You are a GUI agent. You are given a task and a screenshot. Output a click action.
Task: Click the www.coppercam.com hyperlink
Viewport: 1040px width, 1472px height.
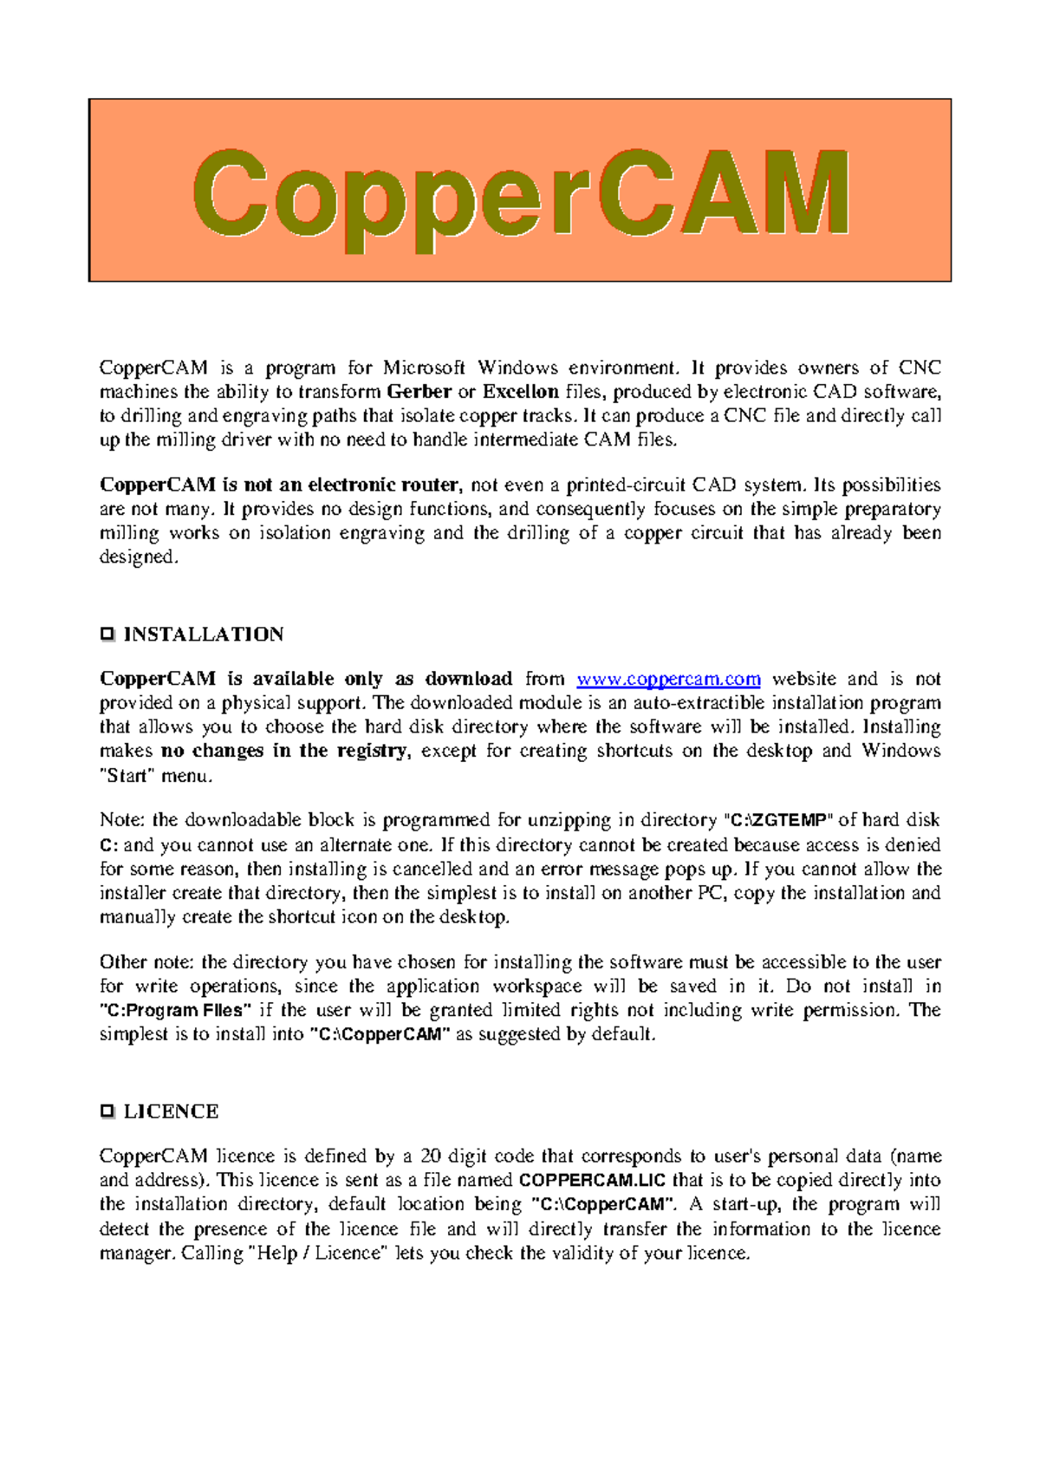668,679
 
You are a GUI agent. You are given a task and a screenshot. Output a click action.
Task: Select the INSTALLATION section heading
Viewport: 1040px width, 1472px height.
204,635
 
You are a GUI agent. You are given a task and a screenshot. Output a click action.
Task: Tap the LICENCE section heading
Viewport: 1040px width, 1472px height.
171,1111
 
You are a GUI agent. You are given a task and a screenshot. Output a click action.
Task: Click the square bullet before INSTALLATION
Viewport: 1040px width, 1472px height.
107,635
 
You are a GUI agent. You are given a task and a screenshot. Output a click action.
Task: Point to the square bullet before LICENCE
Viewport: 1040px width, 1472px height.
107,1111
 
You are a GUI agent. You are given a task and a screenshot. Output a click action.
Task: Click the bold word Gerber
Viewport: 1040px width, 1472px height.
419,392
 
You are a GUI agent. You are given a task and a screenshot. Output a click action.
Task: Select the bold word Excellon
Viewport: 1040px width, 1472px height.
520,392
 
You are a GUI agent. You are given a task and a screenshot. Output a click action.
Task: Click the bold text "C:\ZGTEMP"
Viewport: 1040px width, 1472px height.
778,820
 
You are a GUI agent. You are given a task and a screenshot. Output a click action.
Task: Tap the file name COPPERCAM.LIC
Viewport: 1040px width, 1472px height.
592,1180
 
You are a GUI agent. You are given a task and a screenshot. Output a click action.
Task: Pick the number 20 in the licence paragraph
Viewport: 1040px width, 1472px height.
431,1156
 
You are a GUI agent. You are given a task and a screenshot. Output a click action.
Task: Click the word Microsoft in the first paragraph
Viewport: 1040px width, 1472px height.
424,368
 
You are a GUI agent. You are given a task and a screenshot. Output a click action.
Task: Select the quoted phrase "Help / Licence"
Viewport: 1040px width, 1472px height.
318,1253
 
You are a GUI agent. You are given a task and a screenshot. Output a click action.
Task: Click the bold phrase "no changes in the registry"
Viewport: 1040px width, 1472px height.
284,751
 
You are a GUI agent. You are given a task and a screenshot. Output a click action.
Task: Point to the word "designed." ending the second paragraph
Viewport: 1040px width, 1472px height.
139,557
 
